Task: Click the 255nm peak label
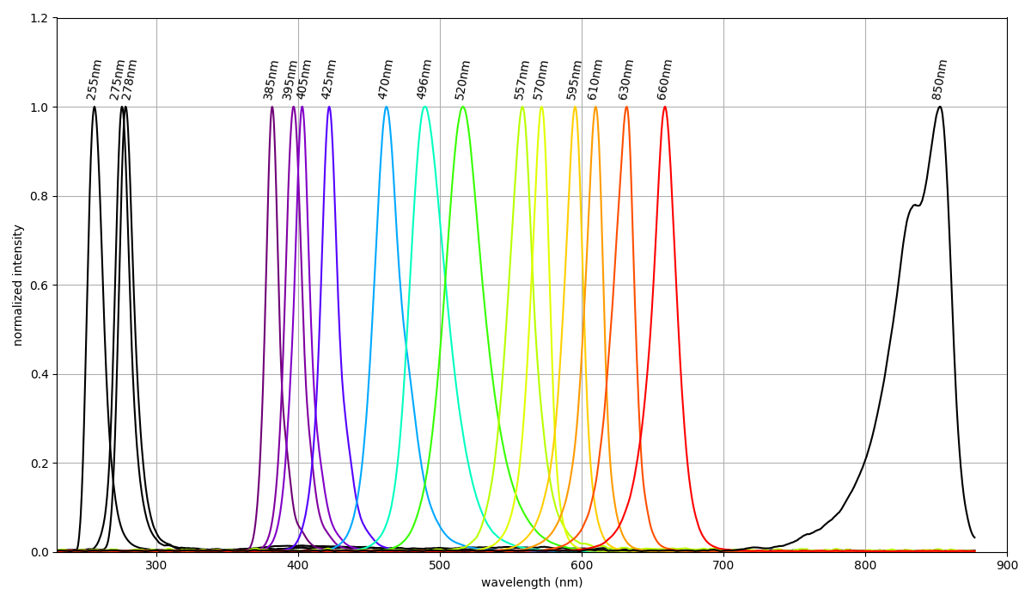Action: point(95,79)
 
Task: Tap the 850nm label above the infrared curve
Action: point(940,79)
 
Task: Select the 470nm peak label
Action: point(386,79)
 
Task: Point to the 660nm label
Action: point(665,79)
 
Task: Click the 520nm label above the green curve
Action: point(463,79)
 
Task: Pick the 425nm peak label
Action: point(329,79)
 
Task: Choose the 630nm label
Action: point(626,79)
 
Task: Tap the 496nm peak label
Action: point(424,79)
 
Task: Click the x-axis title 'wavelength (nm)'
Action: point(532,583)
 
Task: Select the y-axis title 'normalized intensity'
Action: point(18,285)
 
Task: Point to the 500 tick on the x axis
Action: point(440,565)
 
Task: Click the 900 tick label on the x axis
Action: point(1007,565)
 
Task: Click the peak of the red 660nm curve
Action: point(664,107)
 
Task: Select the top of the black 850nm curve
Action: point(940,107)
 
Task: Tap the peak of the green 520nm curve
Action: point(462,107)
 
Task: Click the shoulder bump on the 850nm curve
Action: point(915,206)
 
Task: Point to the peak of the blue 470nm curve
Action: point(387,107)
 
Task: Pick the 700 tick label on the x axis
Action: point(723,565)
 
